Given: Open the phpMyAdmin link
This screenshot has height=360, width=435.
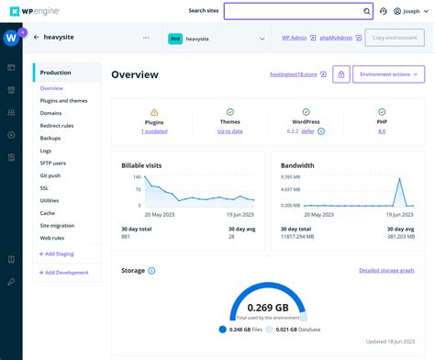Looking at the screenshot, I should point(335,39).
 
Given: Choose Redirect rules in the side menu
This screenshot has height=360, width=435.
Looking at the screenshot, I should point(58,125).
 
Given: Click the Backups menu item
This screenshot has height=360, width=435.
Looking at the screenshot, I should point(51,137).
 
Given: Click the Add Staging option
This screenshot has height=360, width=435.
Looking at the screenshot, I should point(58,253).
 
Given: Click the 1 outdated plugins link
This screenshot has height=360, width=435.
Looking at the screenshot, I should point(154,131).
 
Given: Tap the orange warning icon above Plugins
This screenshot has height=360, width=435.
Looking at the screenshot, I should point(154,112).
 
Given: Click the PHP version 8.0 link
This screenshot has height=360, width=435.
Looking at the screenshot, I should point(382,131).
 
